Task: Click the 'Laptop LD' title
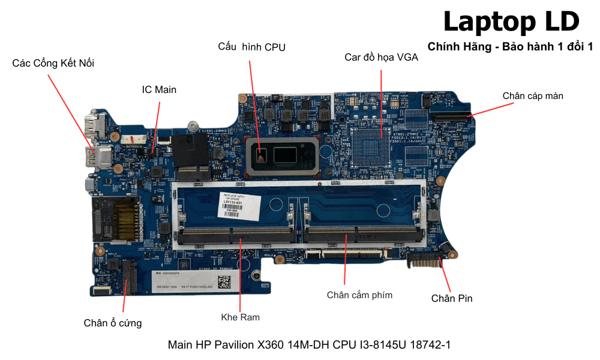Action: coord(511,22)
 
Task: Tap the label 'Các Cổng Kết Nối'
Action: coord(53,63)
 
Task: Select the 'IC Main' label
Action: coord(159,89)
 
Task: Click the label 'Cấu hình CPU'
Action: coord(251,47)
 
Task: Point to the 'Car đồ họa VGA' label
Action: coord(381,58)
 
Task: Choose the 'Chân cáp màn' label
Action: coord(532,95)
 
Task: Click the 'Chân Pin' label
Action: coord(452,298)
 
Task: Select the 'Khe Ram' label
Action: coord(240,316)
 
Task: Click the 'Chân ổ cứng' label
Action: coord(113,323)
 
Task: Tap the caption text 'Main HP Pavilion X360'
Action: coord(309,345)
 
